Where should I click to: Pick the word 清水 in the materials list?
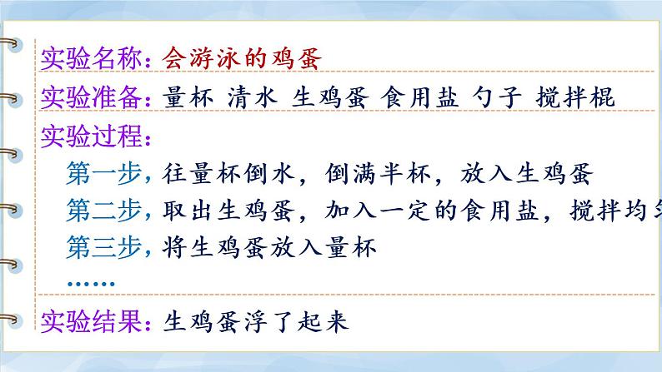[x=251, y=97]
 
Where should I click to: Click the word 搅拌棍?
[x=574, y=97]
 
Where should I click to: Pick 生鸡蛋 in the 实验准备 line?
[x=328, y=97]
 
